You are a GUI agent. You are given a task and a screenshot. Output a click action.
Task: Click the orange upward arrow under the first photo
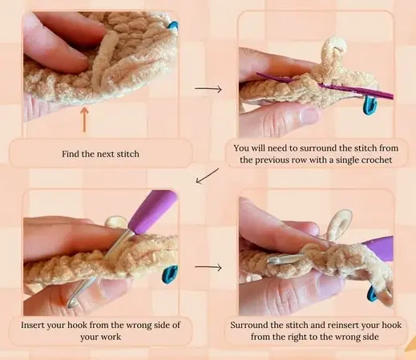click(x=83, y=119)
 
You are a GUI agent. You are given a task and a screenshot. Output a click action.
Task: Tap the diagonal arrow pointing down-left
click(x=208, y=175)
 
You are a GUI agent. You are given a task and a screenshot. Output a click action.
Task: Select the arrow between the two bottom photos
click(x=208, y=268)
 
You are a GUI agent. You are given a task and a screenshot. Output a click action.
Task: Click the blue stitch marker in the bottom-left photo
click(x=170, y=276)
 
